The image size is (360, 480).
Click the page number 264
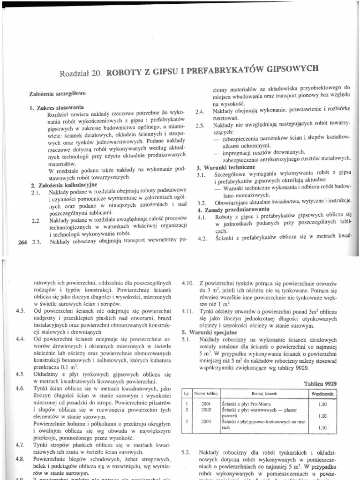pos(22,242)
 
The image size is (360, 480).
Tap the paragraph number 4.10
pos(188,284)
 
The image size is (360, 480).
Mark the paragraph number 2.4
pos(200,112)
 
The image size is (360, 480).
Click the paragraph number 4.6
pos(20,389)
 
